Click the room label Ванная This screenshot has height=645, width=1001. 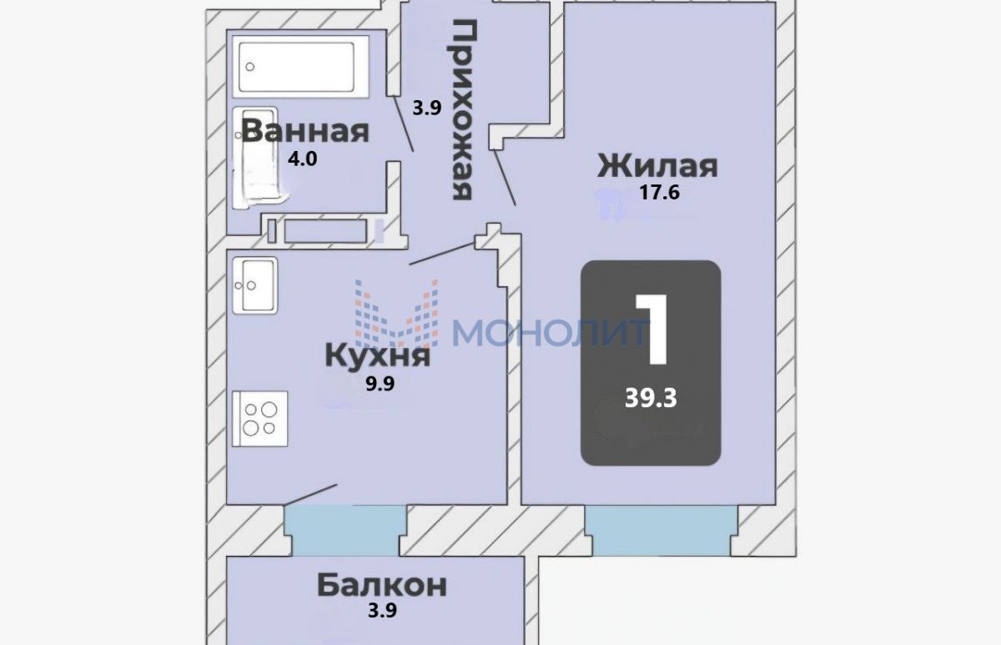pos(305,131)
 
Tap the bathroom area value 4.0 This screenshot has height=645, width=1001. pos(303,159)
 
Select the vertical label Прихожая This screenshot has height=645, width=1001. pos(461,110)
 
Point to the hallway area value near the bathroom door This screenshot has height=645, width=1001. pos(427,108)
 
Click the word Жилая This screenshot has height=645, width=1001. pos(657,166)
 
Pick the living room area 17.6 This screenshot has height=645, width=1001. pos(660,192)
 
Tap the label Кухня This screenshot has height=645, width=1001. pos(378,356)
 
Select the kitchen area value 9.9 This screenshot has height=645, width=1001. pos(380,384)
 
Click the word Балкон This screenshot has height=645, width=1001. pos(382,585)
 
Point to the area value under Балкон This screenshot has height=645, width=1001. pos(382,610)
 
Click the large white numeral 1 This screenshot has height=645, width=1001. pos(652,330)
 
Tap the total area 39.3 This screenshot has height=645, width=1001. pos(651,397)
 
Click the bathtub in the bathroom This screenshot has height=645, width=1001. pos(300,67)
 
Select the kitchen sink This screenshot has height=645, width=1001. pos(254,285)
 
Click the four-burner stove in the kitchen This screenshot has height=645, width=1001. pos(259,418)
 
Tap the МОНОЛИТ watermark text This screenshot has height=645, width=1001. pos(551,333)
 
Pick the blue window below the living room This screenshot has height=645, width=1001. pos(661,531)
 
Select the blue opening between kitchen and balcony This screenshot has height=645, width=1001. pos(345,531)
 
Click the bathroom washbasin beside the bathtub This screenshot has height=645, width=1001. pos(255,157)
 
